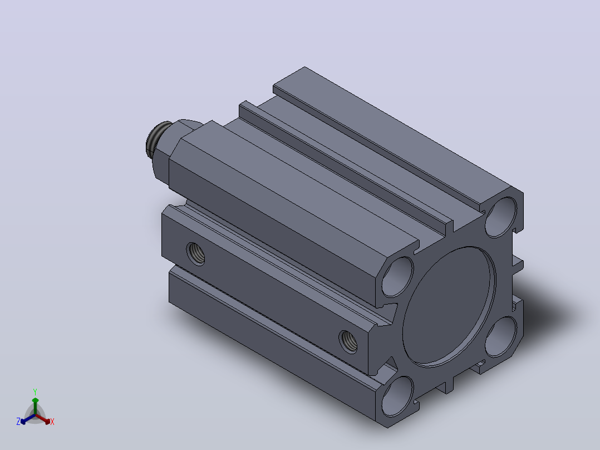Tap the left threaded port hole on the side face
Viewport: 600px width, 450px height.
195,254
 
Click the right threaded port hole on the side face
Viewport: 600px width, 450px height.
348,342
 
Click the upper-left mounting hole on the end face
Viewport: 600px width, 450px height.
398,276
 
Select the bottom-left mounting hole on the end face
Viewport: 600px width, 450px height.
398,397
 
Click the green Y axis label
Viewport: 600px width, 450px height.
35,392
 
